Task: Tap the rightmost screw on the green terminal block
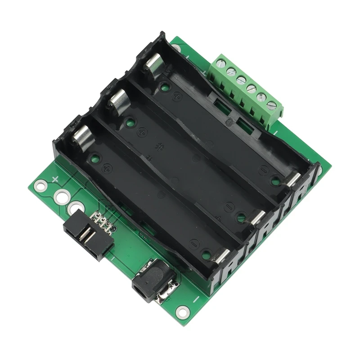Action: click(x=271, y=106)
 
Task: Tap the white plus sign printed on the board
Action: click(x=55, y=179)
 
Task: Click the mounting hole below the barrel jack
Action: click(x=182, y=310)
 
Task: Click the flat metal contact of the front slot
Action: click(x=220, y=255)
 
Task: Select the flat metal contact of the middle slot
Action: click(x=257, y=217)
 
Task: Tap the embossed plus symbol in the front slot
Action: click(x=107, y=168)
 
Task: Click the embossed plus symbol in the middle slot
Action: click(x=142, y=132)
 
